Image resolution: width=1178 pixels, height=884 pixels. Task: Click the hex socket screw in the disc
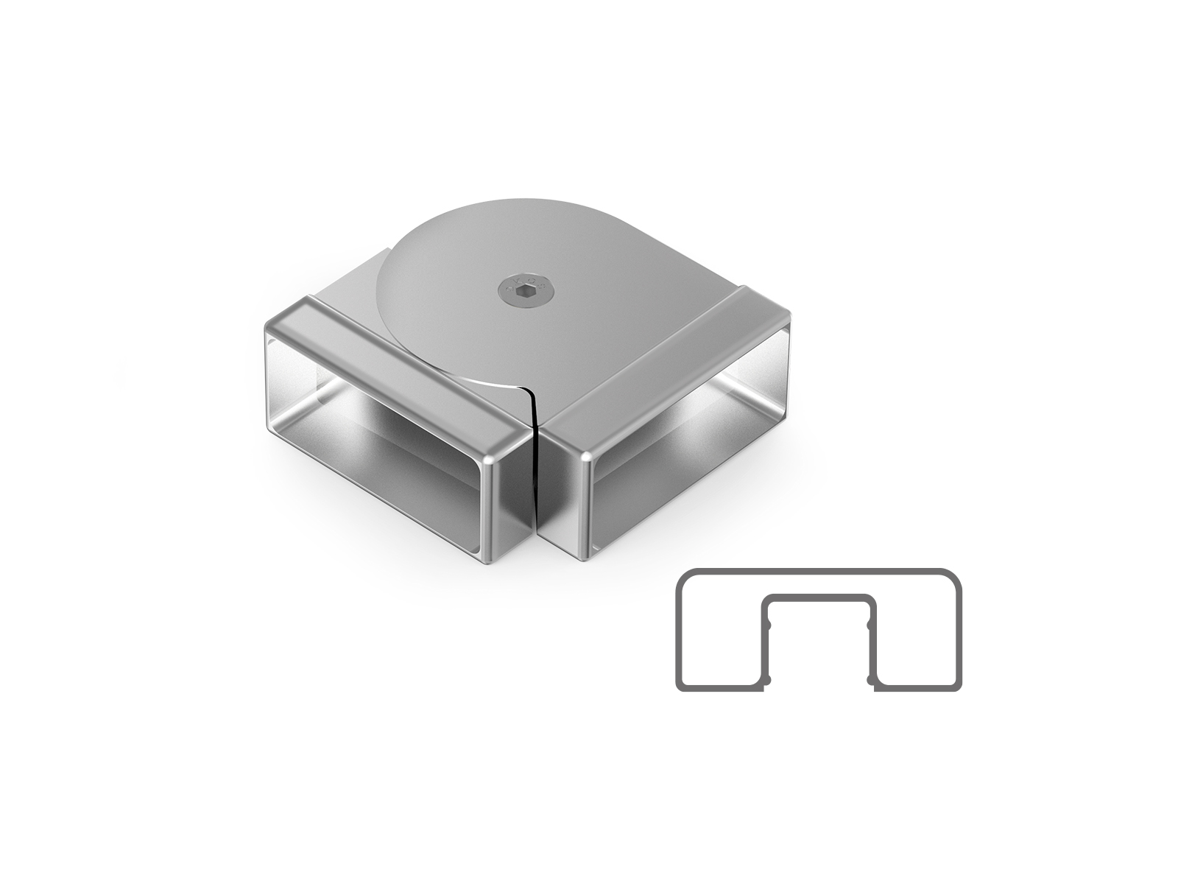[523, 290]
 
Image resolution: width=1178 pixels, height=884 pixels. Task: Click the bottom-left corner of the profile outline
[681, 686]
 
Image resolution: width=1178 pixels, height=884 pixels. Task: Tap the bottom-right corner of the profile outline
[956, 686]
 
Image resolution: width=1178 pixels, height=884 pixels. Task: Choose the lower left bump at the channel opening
[766, 679]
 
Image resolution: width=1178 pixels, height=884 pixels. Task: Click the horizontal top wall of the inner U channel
[818, 597]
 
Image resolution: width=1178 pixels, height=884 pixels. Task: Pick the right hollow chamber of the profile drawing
[917, 634]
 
